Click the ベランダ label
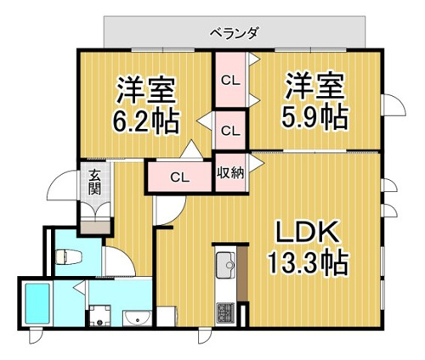tap(234, 33)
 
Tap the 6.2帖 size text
tap(146, 122)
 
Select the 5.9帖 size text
tap(314, 117)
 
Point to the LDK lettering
tap(308, 232)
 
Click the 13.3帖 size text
tap(308, 262)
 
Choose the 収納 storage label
tap(230, 172)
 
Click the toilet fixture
tap(69, 256)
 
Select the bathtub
tap(37, 304)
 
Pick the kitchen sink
tap(226, 265)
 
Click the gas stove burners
tap(225, 313)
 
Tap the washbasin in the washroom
tap(138, 318)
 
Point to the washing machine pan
tap(99, 316)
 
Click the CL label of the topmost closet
tap(230, 82)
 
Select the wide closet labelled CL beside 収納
tap(179, 177)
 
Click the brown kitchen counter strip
tap(242, 273)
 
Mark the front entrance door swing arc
tap(59, 183)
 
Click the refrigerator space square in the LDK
tap(167, 316)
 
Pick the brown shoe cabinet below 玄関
tap(95, 228)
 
